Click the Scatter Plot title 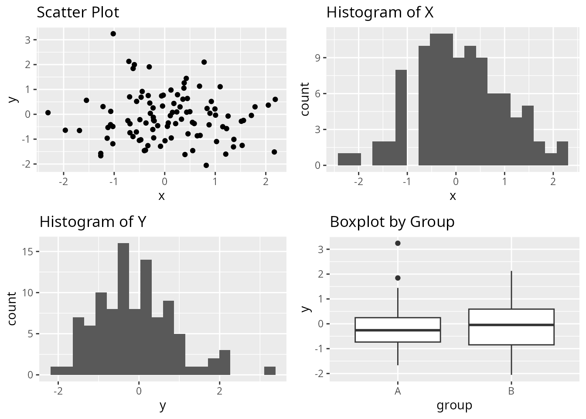pyautogui.click(x=78, y=12)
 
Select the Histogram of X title pyautogui.click(x=380, y=12)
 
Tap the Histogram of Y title pyautogui.click(x=92, y=222)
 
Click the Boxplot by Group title pyautogui.click(x=392, y=222)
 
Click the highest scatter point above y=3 pyautogui.click(x=113, y=34)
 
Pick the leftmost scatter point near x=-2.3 pyautogui.click(x=48, y=113)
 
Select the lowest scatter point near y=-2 pyautogui.click(x=206, y=165)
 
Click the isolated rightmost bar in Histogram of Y pyautogui.click(x=270, y=371)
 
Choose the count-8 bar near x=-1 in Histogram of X pyautogui.click(x=401, y=118)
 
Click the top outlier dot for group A pyautogui.click(x=398, y=243)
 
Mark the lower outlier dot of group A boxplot pyautogui.click(x=398, y=278)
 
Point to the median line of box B pyautogui.click(x=511, y=325)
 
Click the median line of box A pyautogui.click(x=398, y=330)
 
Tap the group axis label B pyautogui.click(x=511, y=391)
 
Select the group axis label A pyautogui.click(x=398, y=391)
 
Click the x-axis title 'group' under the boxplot pyautogui.click(x=454, y=405)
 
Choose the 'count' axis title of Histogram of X pyautogui.click(x=305, y=99)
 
